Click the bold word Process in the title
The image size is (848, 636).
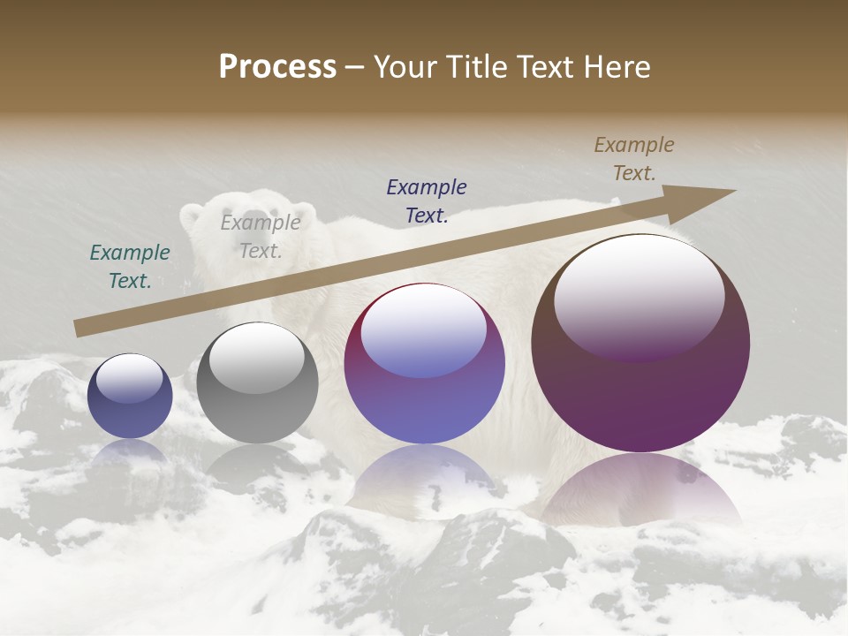(x=277, y=67)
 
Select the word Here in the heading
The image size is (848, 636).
(x=618, y=67)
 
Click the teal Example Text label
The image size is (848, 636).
(x=130, y=267)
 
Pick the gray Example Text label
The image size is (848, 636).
(x=260, y=237)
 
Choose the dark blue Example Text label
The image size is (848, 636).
(x=427, y=201)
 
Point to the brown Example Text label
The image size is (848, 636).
(x=634, y=159)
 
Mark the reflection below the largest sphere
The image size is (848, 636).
(x=640, y=490)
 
